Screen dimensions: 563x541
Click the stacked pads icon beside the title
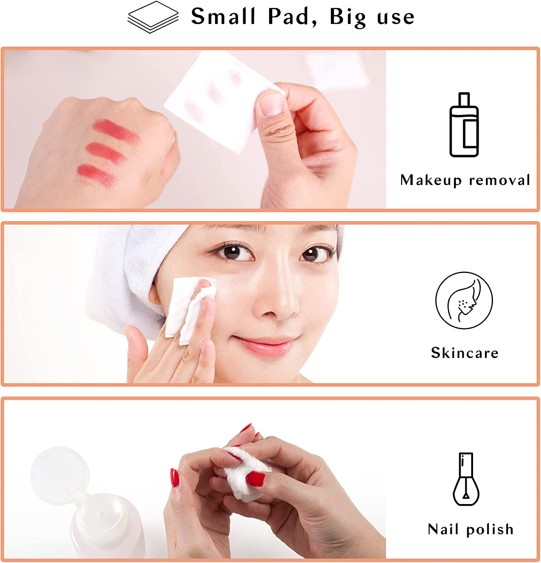(153, 17)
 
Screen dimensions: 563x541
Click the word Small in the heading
(223, 17)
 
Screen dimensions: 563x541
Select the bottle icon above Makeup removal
(464, 125)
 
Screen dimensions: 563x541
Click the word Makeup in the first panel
(431, 180)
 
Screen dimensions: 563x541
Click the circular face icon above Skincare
(464, 300)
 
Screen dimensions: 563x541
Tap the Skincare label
(464, 353)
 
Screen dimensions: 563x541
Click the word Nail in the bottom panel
(444, 529)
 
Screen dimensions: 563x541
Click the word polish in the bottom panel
(490, 530)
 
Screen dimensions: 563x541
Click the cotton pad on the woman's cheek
(188, 308)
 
